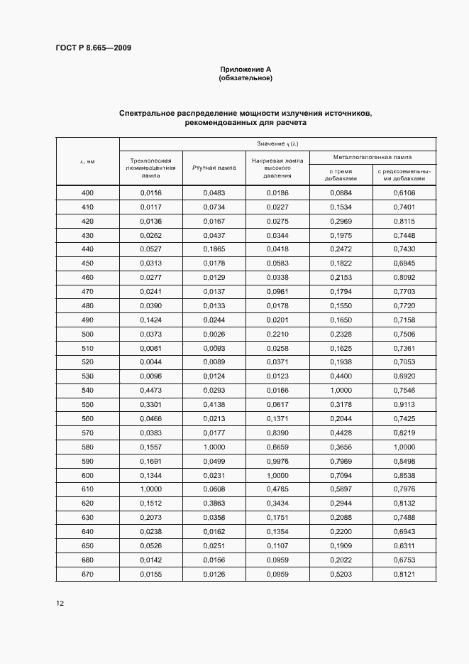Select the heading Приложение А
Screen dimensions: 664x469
[x=245, y=69]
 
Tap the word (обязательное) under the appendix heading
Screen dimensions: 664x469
[x=245, y=77]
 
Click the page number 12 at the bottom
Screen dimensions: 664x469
[x=60, y=603]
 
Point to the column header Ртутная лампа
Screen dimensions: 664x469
[x=214, y=168]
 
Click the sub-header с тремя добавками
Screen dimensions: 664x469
[x=340, y=175]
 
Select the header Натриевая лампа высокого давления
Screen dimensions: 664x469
[x=277, y=168]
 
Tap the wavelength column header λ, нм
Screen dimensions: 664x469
[x=87, y=162]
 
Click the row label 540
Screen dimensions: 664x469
[x=87, y=391]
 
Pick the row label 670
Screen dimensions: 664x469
[x=87, y=574]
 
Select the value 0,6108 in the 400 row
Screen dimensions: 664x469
[x=403, y=193]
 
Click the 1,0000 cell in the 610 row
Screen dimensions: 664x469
[x=151, y=489]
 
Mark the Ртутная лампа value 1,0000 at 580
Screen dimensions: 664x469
[x=214, y=447]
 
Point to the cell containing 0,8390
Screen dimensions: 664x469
[x=277, y=433]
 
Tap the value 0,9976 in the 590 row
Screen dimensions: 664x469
[x=277, y=461]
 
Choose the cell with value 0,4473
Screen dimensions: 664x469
[x=151, y=391]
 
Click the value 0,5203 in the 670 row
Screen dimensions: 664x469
[x=340, y=574]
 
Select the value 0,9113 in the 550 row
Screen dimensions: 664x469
[x=403, y=405]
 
